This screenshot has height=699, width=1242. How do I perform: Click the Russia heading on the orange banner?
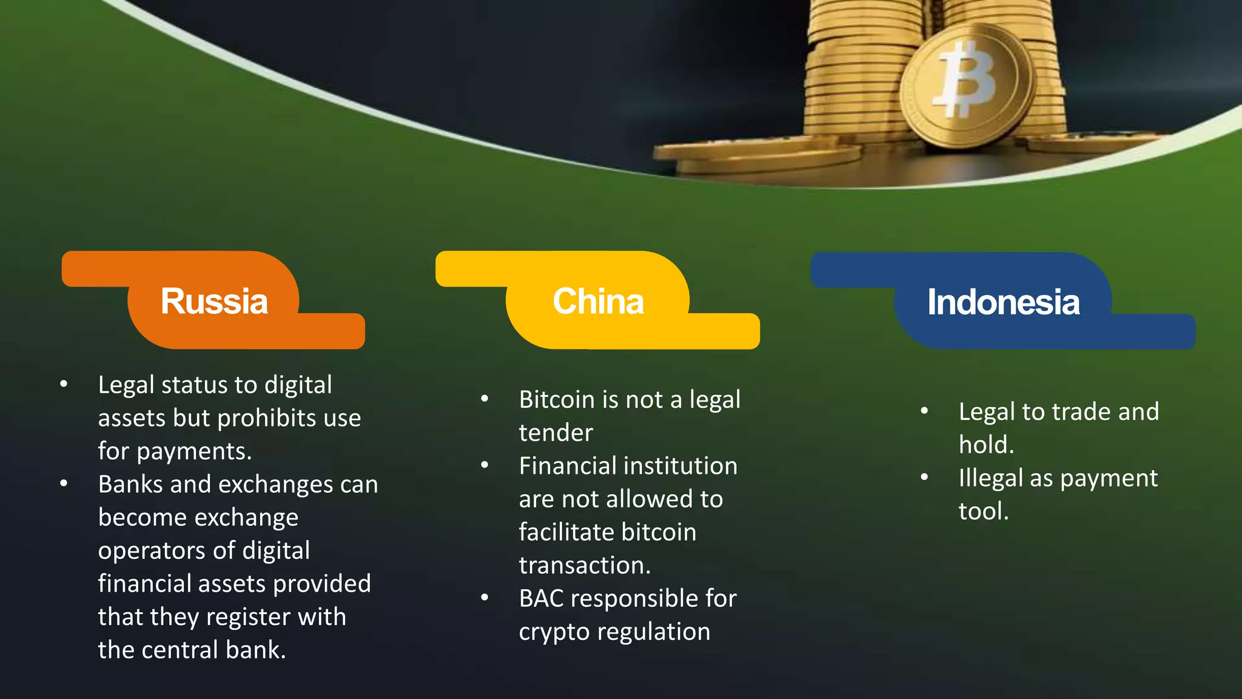[214, 301]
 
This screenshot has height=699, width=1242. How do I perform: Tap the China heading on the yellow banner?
[598, 301]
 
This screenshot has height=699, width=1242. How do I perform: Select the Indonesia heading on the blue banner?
[1003, 302]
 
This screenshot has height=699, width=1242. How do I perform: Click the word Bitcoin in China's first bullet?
[557, 400]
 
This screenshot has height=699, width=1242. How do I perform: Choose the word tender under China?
[556, 433]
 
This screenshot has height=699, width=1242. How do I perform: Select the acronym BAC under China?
[541, 599]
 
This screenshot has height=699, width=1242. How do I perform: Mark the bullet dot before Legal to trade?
[924, 411]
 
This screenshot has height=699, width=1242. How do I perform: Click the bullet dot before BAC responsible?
[485, 598]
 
